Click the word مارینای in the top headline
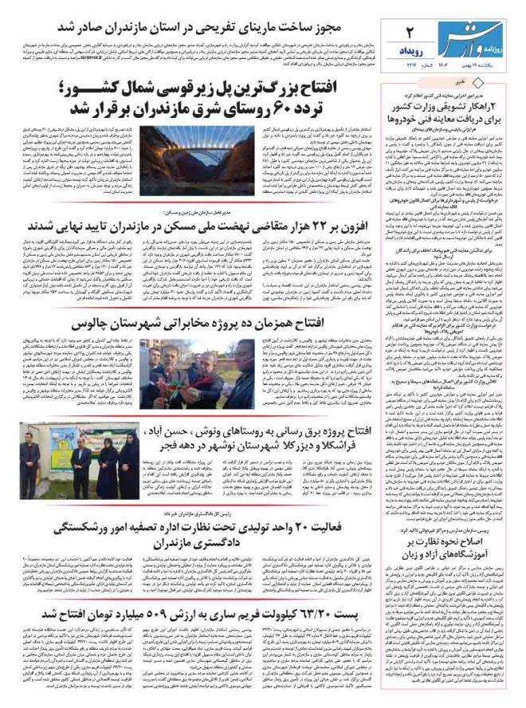262,27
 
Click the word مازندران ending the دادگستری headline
189,545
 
